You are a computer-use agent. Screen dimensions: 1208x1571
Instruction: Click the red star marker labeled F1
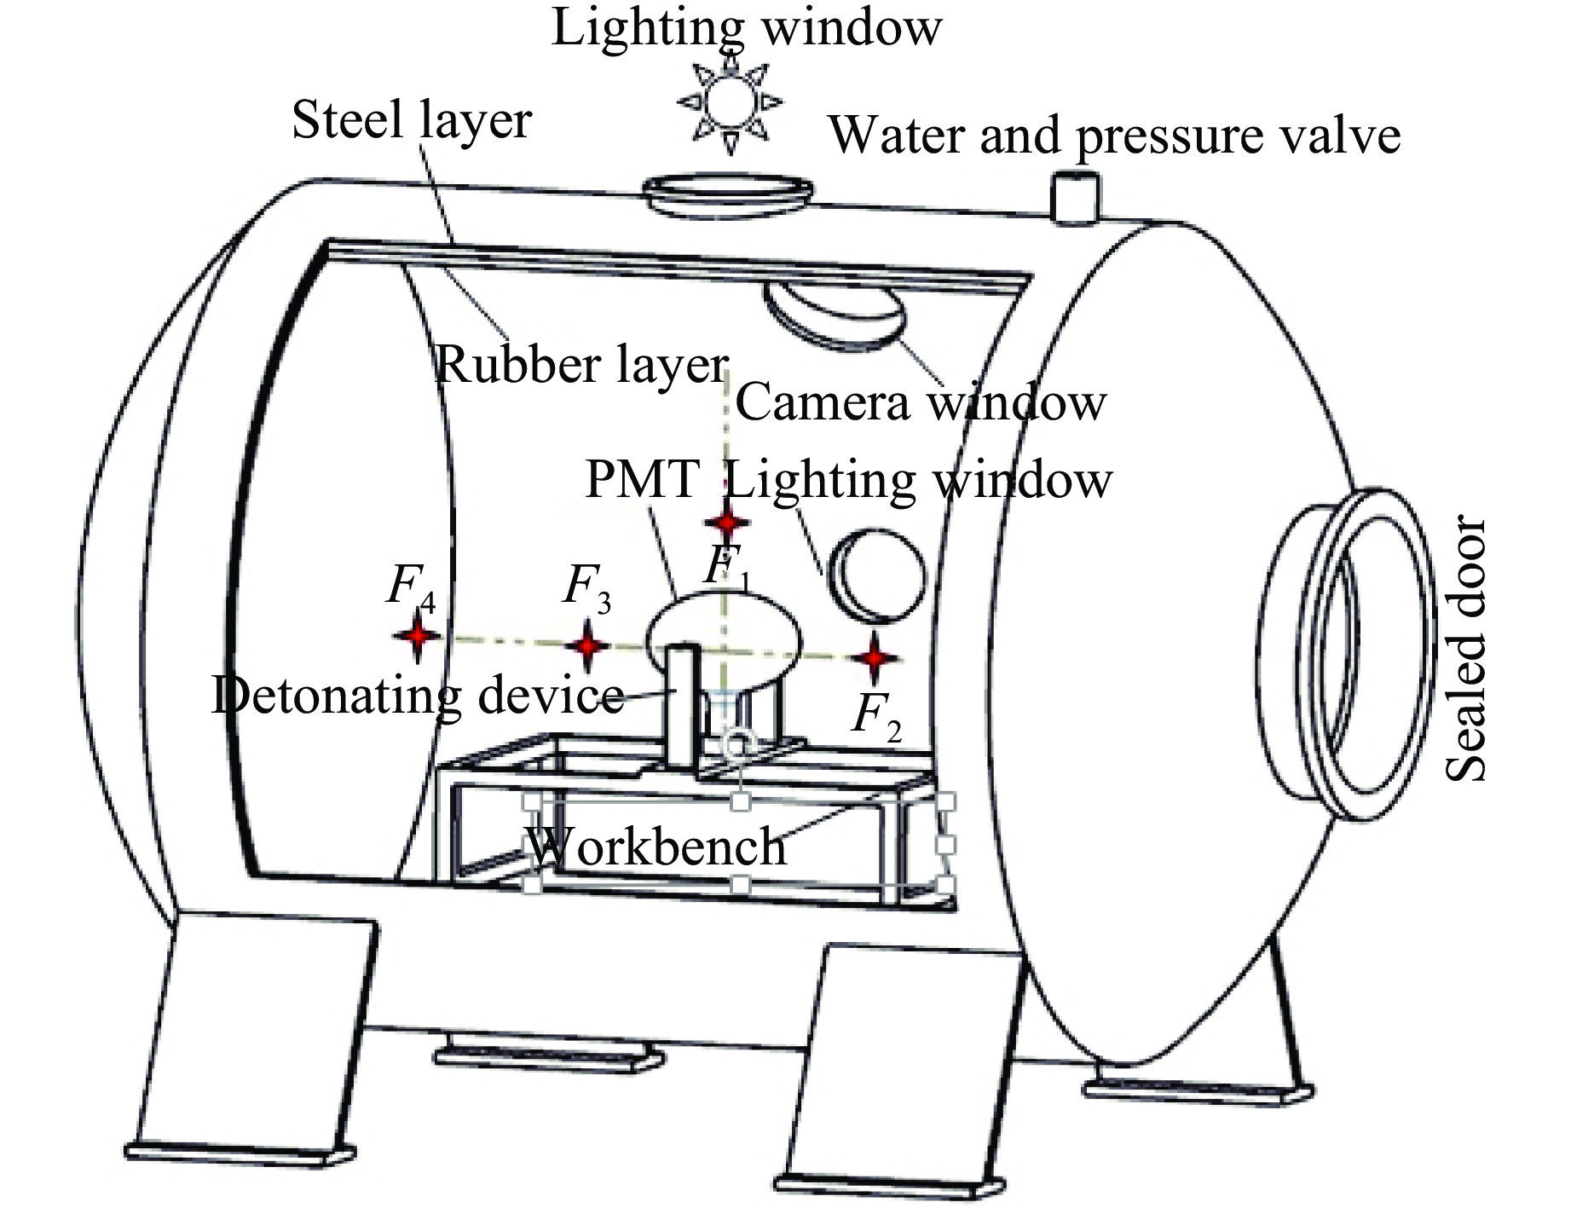coord(726,523)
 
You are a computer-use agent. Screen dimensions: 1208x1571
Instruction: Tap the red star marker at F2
coord(875,658)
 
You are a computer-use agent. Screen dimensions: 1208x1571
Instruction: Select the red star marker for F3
coord(586,646)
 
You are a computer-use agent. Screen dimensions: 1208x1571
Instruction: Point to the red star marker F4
coord(416,636)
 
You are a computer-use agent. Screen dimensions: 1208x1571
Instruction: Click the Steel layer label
coord(412,120)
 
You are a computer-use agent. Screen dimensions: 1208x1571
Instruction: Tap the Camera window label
coord(921,402)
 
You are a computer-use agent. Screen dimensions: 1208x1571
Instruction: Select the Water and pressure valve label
coord(1115,136)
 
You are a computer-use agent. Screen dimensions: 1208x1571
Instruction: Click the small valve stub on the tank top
coord(1075,197)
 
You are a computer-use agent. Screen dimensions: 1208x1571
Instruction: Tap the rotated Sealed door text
coord(1466,648)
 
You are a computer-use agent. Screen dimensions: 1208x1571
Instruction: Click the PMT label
coord(643,479)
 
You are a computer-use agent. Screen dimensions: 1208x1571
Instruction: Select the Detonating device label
coord(418,696)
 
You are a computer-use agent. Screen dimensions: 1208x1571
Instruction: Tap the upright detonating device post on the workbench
coord(683,708)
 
